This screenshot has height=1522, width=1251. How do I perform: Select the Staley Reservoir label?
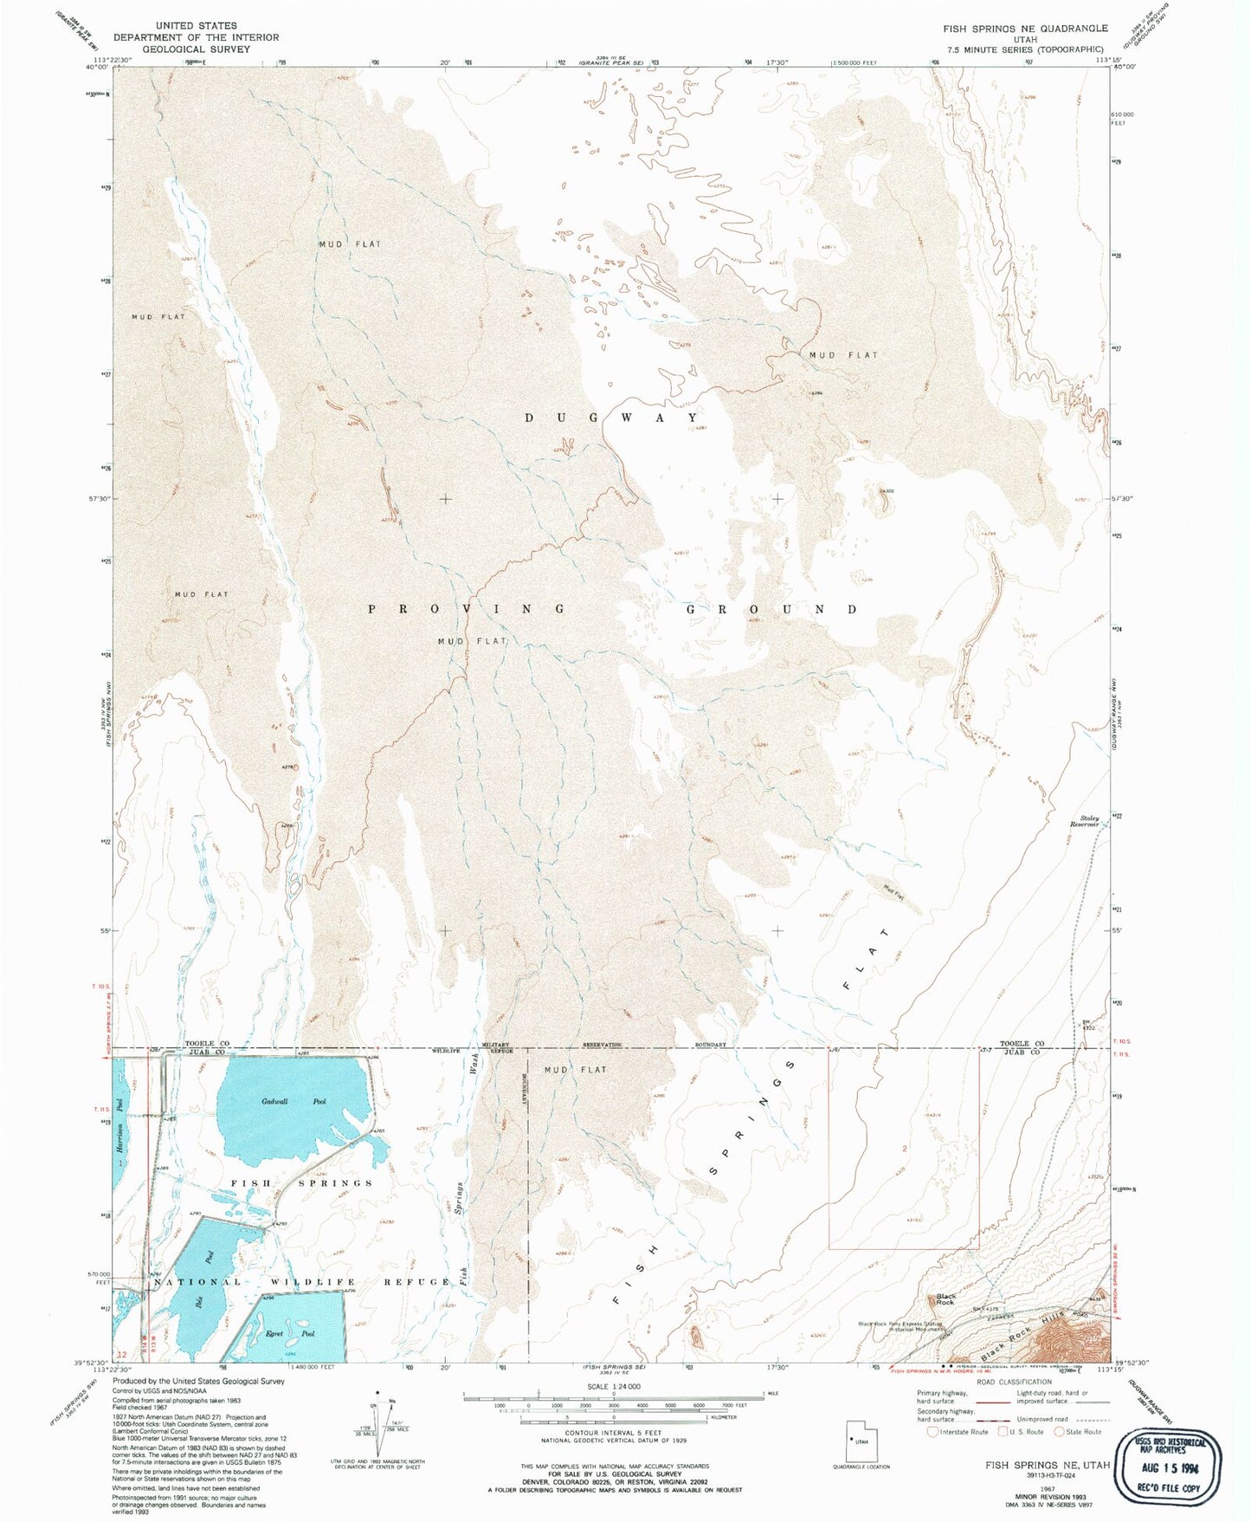pyautogui.click(x=1088, y=821)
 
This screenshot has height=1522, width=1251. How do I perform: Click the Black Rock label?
pyautogui.click(x=945, y=1299)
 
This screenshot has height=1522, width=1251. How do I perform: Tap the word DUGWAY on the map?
pyautogui.click(x=611, y=418)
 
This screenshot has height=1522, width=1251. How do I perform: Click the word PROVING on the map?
pyautogui.click(x=468, y=609)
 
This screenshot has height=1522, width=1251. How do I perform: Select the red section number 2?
pyautogui.click(x=905, y=1148)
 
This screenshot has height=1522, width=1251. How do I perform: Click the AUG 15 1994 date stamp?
pyautogui.click(x=1169, y=1468)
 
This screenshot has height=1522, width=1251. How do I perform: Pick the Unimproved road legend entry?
pyautogui.click(x=1043, y=1419)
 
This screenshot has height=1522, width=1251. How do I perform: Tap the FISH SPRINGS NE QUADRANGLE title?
pyautogui.click(x=1025, y=29)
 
